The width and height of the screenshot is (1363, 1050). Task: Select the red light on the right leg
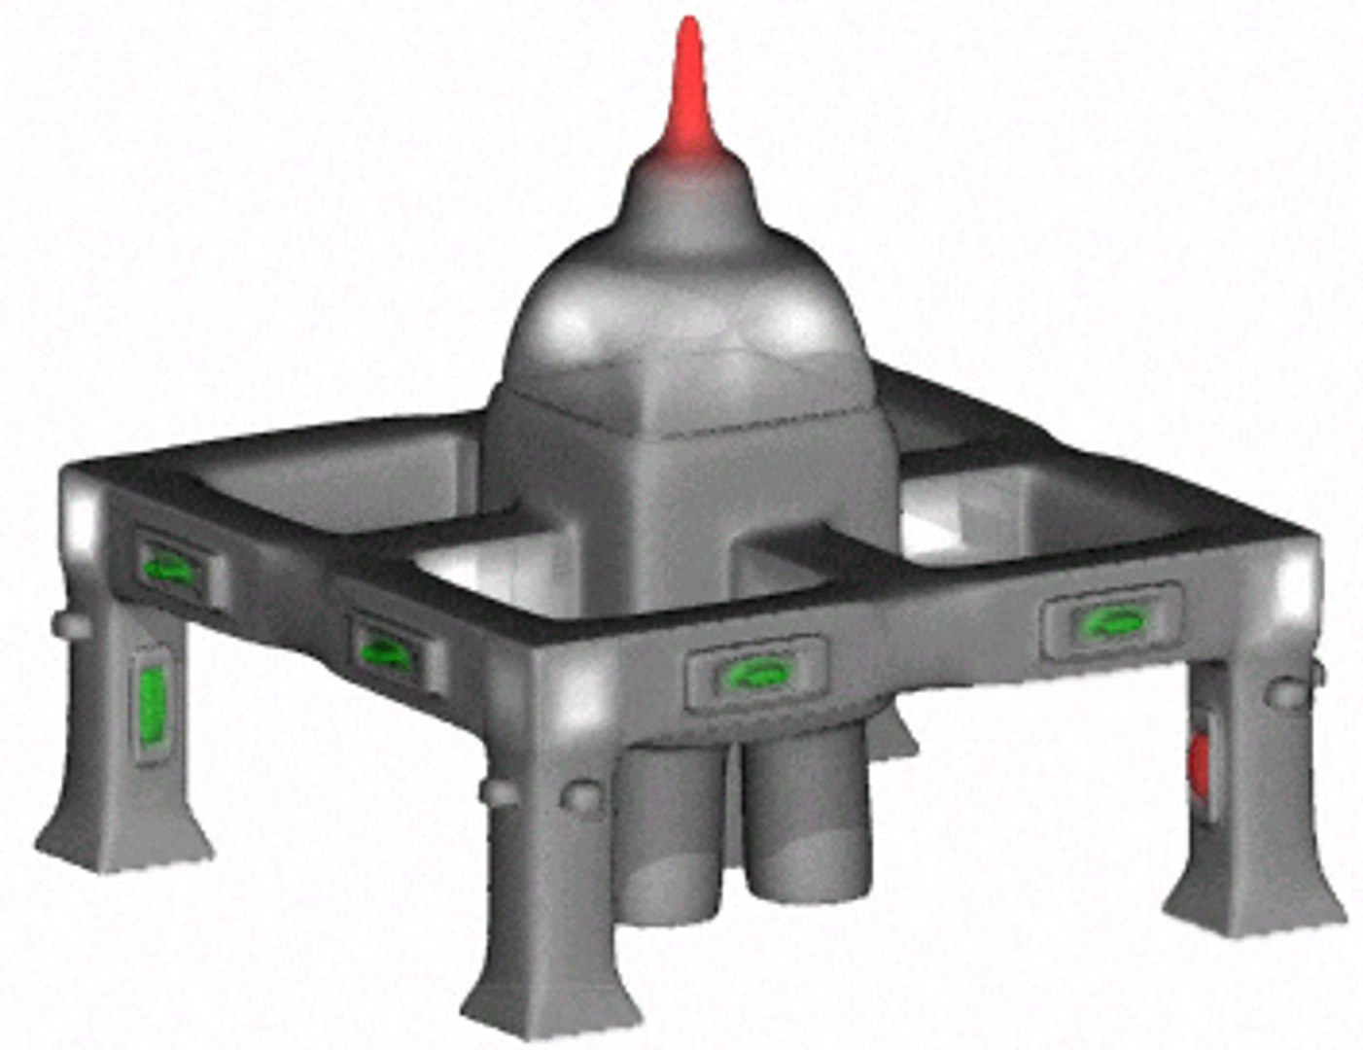(x=1200, y=760)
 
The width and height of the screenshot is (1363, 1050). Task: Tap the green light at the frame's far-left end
(x=168, y=568)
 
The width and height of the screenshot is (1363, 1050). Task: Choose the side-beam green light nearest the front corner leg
(x=386, y=649)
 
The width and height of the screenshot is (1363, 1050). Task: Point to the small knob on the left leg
(x=71, y=623)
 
